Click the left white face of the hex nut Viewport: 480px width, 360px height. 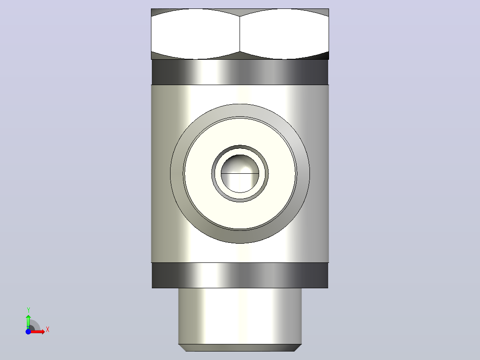pyautogui.click(x=195, y=34)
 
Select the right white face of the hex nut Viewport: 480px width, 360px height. pyautogui.click(x=284, y=34)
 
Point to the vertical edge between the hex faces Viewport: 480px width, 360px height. pyautogui.click(x=240, y=34)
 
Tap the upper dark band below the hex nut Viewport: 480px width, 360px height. pyautogui.click(x=240, y=72)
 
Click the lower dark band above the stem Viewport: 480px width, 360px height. pyautogui.click(x=240, y=275)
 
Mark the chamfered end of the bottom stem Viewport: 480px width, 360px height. pyautogui.click(x=240, y=348)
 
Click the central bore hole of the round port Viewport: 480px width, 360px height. pyautogui.click(x=240, y=174)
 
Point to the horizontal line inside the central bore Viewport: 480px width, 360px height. pyautogui.click(x=240, y=173)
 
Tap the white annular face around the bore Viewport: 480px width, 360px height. pyautogui.click(x=199, y=174)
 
